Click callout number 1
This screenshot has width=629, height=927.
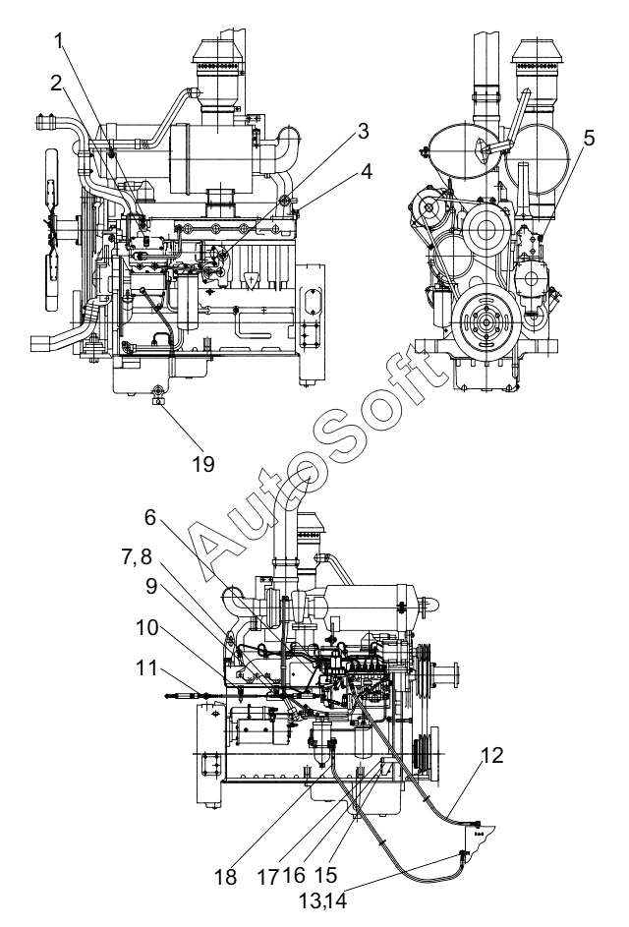(59, 40)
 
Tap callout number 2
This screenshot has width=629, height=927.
(56, 84)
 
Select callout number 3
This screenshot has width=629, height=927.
(363, 132)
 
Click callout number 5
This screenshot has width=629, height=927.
(588, 138)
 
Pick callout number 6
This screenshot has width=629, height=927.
(150, 517)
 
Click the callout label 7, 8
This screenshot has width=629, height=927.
(137, 556)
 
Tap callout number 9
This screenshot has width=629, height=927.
(150, 586)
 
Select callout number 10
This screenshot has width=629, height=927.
(147, 627)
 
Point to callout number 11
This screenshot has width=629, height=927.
(146, 667)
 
